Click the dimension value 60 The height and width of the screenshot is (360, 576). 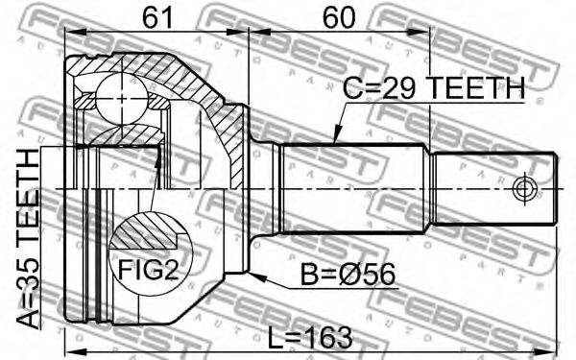339,17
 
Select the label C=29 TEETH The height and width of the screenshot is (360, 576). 434,88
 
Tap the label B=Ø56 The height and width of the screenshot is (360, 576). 348,275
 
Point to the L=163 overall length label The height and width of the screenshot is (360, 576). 310,338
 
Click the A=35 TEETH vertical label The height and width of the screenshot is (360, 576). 28,239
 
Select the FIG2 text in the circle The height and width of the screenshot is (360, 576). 148,270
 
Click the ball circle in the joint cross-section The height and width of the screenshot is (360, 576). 122,99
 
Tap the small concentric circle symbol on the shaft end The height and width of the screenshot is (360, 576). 524,189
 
